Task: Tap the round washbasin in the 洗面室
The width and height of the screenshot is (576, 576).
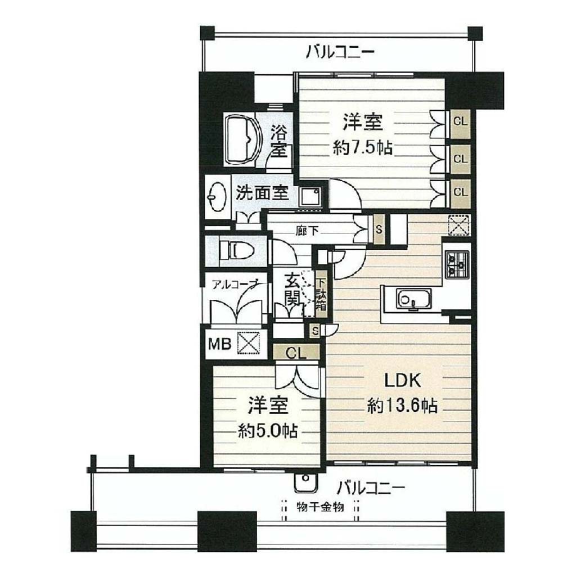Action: [x=216, y=197]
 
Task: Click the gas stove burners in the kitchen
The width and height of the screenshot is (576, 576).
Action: [x=457, y=263]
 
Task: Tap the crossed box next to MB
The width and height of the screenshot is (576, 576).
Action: [x=248, y=343]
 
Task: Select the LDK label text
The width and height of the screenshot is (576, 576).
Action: [x=403, y=381]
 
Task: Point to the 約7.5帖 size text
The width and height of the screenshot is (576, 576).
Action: [x=363, y=148]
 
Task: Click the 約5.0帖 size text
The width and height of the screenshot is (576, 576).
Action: [x=267, y=430]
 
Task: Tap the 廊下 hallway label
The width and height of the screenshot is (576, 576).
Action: [x=307, y=230]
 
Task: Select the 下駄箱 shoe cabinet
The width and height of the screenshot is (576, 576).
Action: [x=321, y=294]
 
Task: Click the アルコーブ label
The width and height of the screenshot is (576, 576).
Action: [x=235, y=285]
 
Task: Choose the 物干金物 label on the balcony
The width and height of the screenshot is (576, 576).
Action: [x=320, y=507]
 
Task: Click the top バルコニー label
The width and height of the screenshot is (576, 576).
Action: [x=340, y=52]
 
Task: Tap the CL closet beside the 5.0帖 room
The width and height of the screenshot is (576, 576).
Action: [x=296, y=353]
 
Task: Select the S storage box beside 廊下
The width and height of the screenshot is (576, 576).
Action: [x=379, y=230]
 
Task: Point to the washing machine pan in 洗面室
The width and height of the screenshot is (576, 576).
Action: [x=310, y=197]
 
